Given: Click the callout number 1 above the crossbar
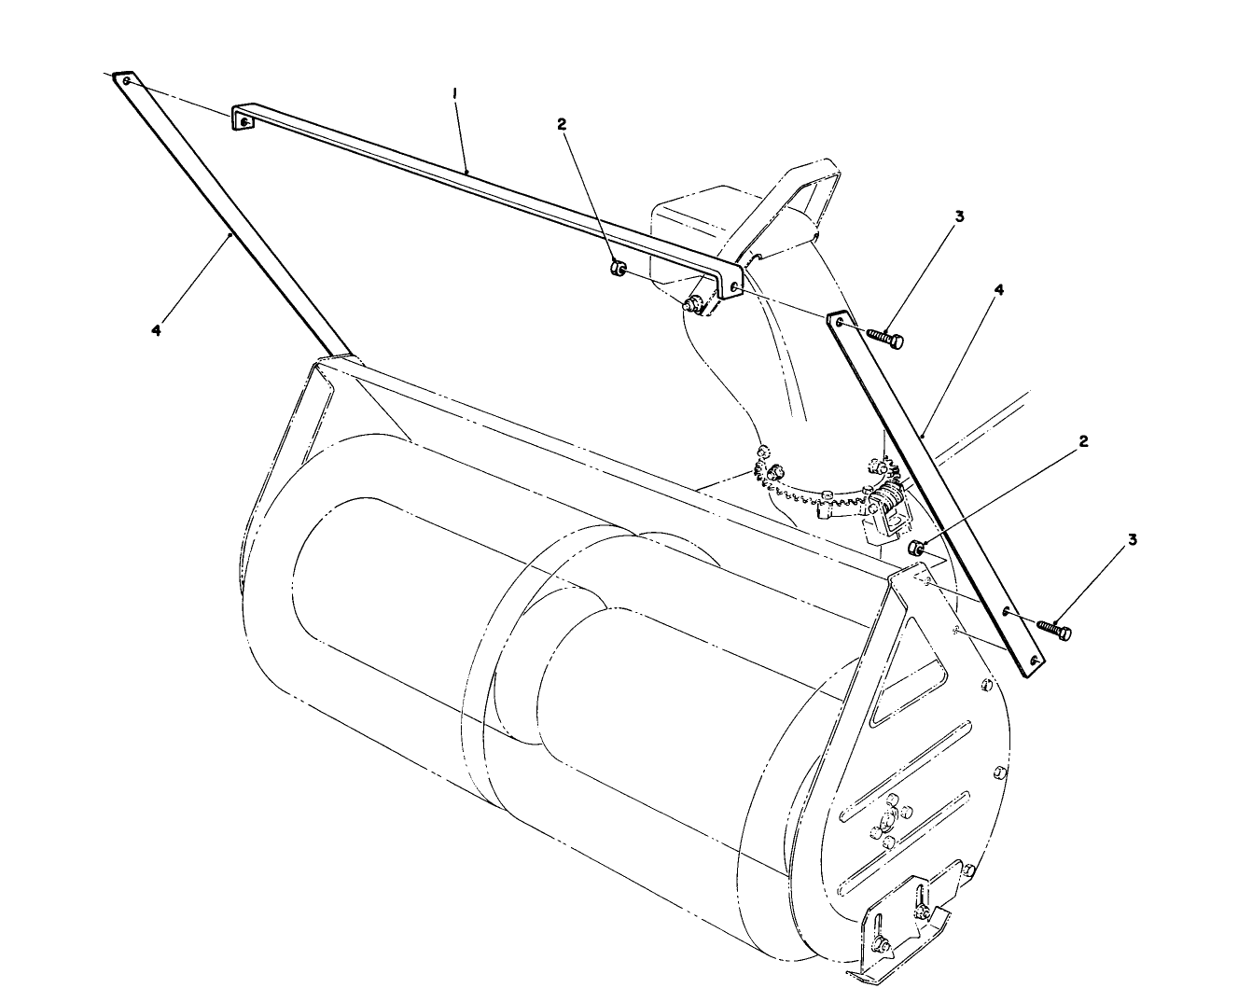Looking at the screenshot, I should coord(455,94).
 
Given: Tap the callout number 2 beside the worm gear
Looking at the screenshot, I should coord(1082,441).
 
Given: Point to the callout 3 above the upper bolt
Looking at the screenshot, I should coord(959,216).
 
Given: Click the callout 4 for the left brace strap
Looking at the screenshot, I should coord(156,329).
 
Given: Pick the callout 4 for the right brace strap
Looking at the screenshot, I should coord(998,290).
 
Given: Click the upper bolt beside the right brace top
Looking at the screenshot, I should coord(885,339).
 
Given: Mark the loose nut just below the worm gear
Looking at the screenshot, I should coord(915,549).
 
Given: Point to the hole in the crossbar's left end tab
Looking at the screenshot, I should coord(244,121).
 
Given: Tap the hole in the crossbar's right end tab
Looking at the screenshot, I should coord(736,288).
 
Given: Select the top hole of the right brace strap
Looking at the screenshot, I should coord(842,323).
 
